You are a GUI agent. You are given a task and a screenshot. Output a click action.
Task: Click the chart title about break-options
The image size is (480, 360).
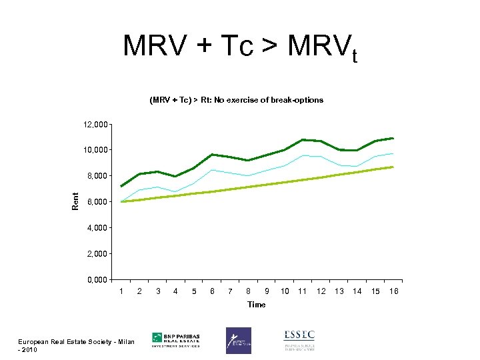[x=236, y=100]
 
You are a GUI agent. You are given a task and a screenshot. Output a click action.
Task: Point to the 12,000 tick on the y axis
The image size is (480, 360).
[x=95, y=125]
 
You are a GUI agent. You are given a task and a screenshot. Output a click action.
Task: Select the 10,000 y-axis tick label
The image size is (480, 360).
[x=95, y=150]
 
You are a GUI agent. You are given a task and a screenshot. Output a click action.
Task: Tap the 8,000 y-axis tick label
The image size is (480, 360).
[x=97, y=176]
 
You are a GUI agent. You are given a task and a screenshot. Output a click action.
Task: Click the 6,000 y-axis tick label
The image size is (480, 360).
[x=97, y=202]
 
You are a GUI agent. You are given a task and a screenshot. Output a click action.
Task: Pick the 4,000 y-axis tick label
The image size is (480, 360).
[x=97, y=228]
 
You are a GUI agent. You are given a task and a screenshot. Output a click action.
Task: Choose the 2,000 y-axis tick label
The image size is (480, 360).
[x=97, y=254]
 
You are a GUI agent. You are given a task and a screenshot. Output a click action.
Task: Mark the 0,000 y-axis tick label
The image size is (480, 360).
[x=97, y=280]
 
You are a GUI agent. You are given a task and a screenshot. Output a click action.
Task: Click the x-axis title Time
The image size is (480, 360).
[x=256, y=305]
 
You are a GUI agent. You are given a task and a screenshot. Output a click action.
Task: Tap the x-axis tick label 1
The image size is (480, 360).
[x=121, y=291]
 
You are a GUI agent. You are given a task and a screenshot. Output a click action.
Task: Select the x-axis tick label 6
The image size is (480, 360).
[x=212, y=291]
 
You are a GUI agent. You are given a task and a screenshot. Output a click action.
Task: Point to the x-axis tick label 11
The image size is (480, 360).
[x=303, y=291]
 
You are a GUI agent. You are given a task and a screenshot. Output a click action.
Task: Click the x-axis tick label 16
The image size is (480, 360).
[x=393, y=291]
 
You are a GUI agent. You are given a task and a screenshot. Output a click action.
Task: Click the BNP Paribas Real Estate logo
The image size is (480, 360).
[x=176, y=340]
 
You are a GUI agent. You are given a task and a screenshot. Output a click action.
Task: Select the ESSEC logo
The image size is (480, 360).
[x=299, y=340]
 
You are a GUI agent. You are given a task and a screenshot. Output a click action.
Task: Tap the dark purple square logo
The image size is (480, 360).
[x=239, y=340]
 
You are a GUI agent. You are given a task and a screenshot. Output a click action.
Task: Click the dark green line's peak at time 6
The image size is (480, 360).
[x=212, y=155]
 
